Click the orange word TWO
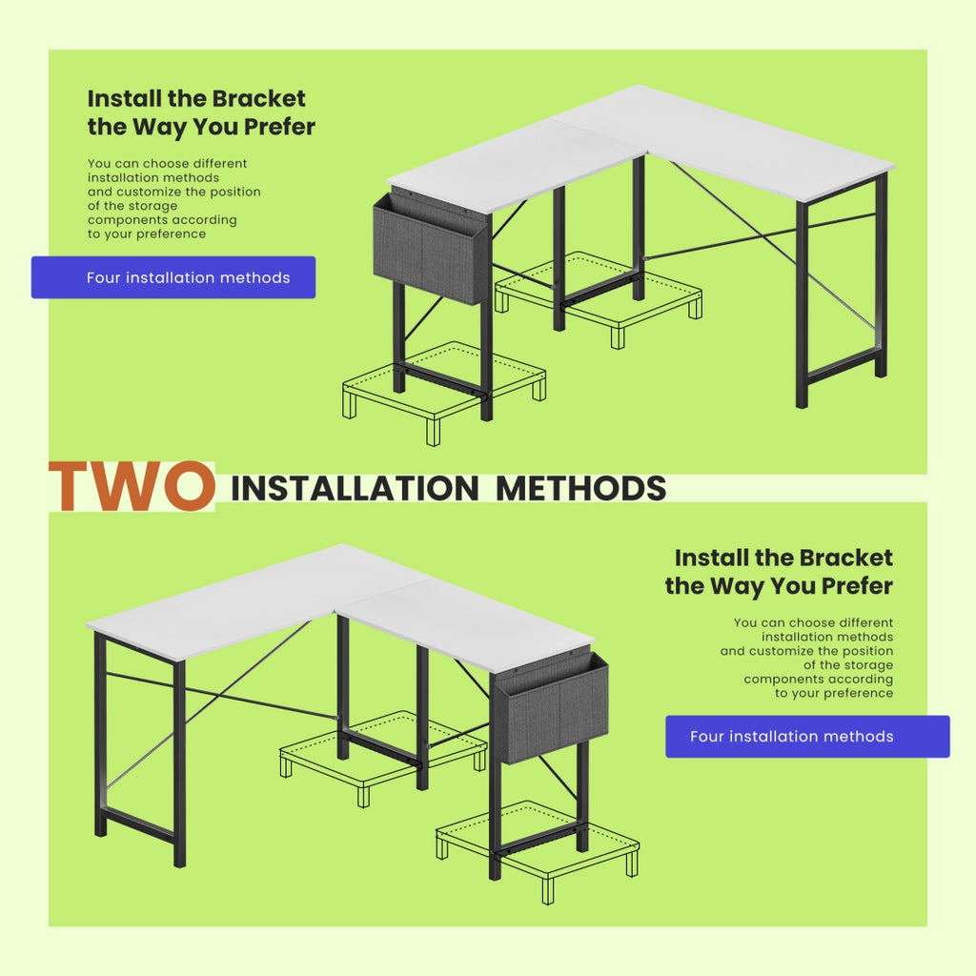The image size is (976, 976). pos(132,486)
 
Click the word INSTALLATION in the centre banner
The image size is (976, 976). pos(354,488)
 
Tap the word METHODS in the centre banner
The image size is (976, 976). pos(580,488)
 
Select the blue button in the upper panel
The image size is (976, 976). pos(173,277)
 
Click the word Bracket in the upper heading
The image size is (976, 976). pos(258,98)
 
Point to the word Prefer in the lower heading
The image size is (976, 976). pos(846,585)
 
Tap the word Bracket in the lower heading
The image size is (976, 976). pos(845,558)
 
